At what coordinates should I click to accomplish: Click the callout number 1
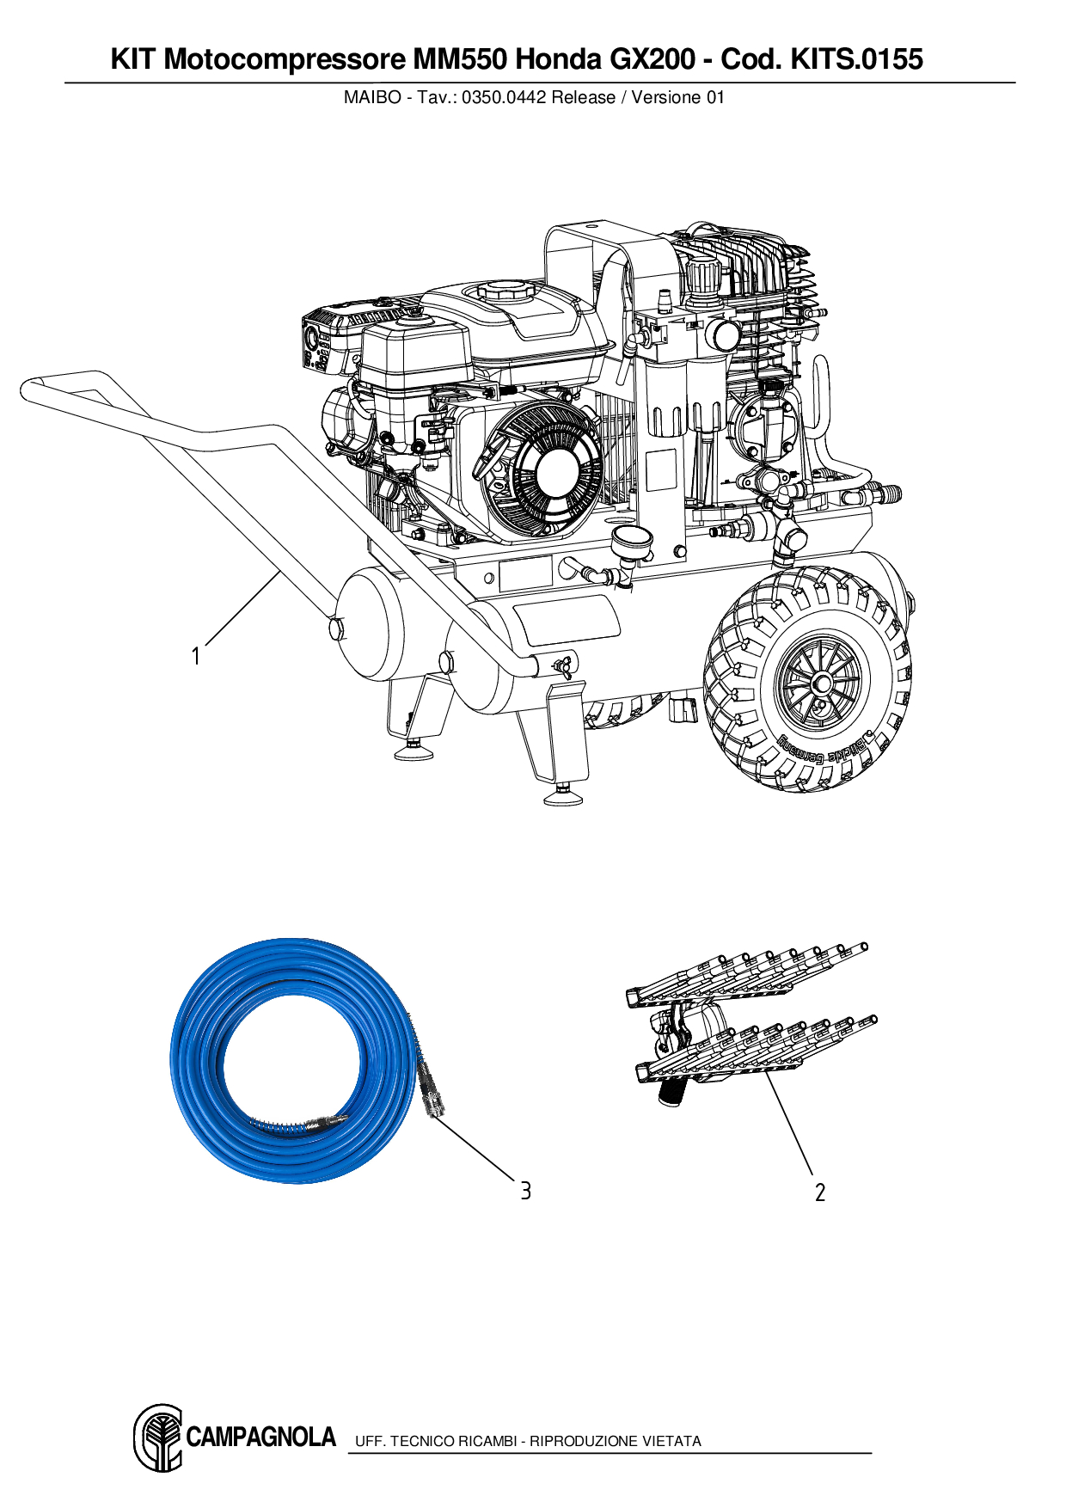pos(196,657)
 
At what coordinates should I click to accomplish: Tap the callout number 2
pos(820,1192)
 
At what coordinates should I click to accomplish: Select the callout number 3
pos(525,1191)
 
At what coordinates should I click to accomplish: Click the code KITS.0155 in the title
pos(856,59)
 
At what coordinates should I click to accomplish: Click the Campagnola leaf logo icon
pos(158,1438)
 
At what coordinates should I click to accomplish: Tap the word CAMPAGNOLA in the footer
pos(260,1438)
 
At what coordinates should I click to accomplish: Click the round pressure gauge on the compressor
pos(631,543)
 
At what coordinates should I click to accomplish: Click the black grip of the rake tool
pos(670,1093)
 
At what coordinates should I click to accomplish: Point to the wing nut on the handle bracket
pos(564,664)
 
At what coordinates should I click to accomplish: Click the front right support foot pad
pos(563,799)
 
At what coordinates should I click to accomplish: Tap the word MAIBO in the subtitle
pos(371,98)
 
